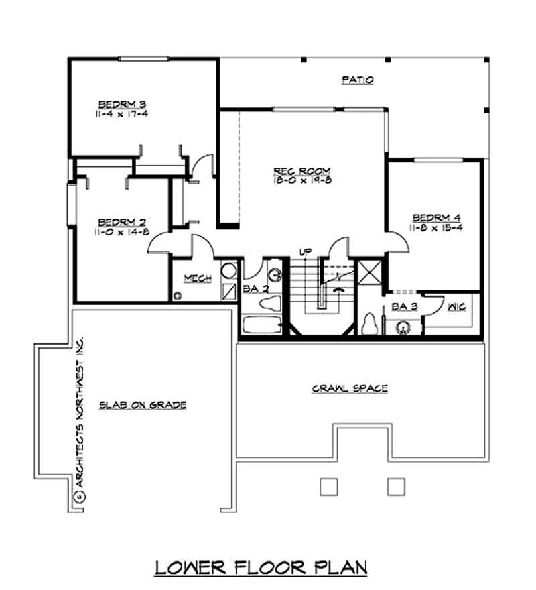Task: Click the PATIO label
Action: point(357,80)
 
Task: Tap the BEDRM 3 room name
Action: point(122,104)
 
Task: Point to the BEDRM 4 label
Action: point(436,217)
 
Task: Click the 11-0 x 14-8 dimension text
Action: point(122,232)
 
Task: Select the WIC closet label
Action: point(456,306)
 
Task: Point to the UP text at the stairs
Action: point(306,251)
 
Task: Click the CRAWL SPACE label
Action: point(350,388)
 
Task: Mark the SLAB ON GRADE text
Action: point(143,405)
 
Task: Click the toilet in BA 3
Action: point(368,324)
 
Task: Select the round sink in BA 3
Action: point(403,327)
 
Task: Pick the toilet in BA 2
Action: point(268,304)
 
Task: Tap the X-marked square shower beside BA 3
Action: point(368,273)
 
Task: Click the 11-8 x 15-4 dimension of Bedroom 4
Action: point(436,227)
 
